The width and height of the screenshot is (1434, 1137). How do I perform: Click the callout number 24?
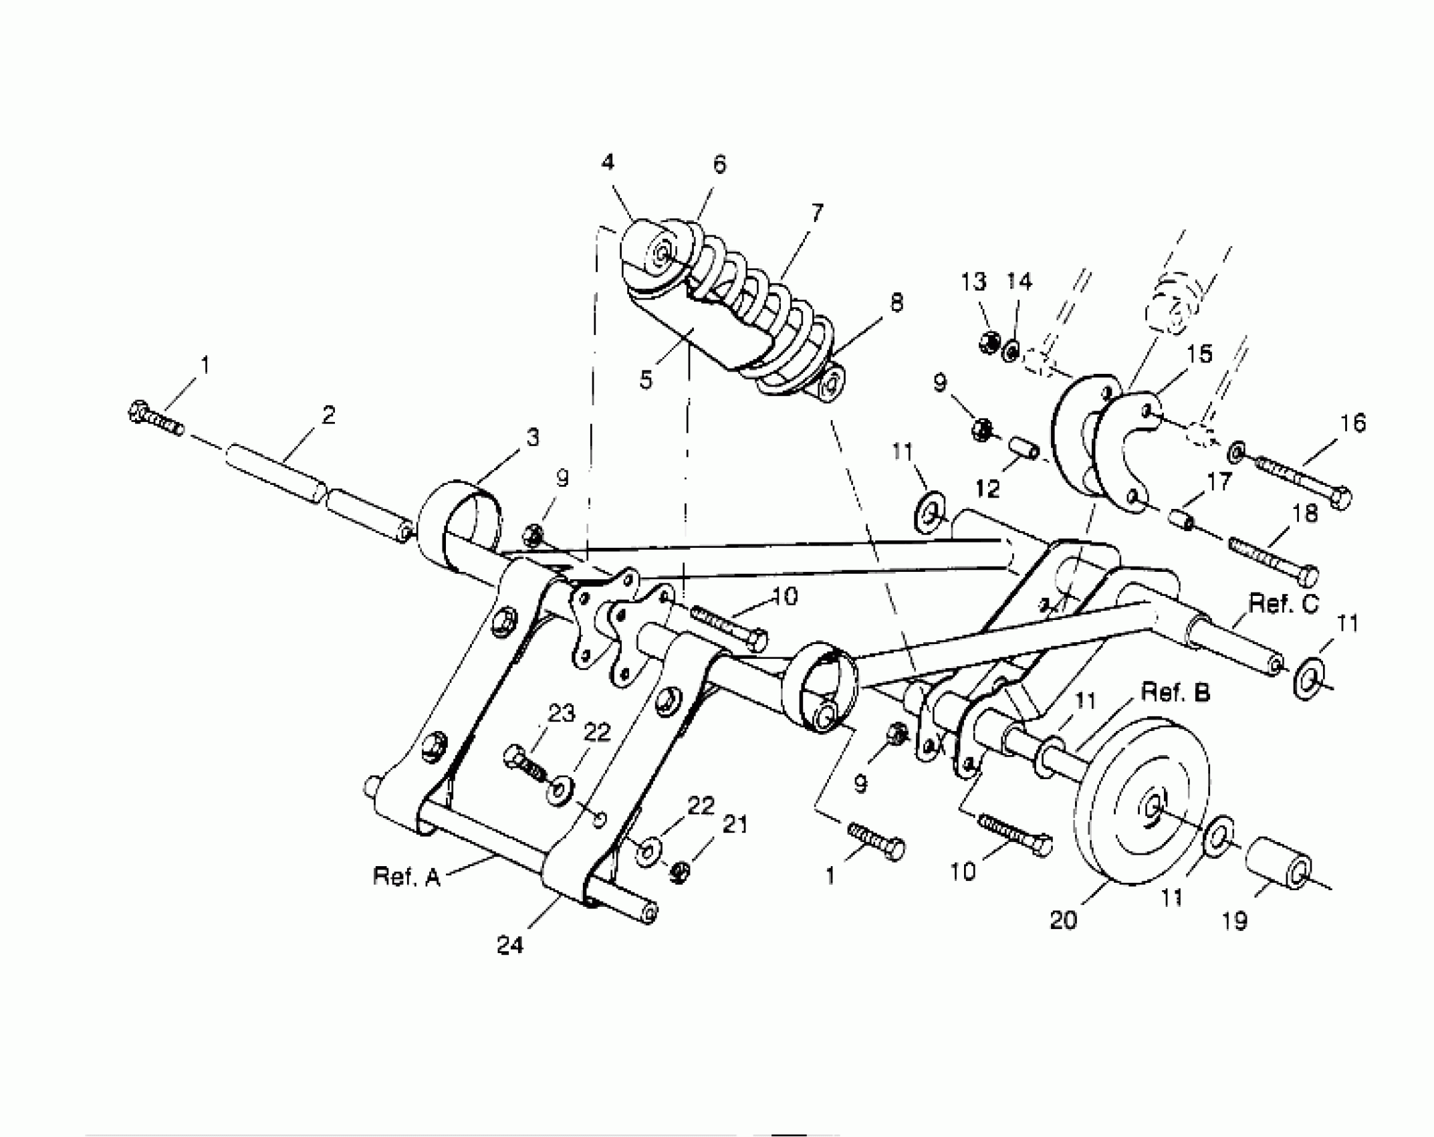510,945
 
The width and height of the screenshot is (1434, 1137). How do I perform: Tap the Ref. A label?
406,876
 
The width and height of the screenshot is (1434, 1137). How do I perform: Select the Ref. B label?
1175,693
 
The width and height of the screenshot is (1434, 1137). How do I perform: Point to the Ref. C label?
1284,604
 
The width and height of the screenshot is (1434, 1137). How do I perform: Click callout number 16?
1352,423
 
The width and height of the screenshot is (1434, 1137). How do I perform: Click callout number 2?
328,415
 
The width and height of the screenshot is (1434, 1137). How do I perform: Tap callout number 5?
645,380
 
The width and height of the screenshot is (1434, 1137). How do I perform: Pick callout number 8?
896,302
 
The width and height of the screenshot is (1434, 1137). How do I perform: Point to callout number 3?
532,437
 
